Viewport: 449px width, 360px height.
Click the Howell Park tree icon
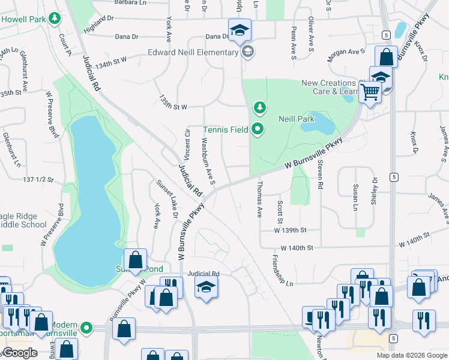(x=55, y=19)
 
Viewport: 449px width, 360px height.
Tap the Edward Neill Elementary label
(x=193, y=52)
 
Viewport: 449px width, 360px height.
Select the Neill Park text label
(x=297, y=119)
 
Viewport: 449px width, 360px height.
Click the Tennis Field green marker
(x=258, y=129)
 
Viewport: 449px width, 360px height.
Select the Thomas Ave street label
(x=260, y=199)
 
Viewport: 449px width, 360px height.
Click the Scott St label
(x=280, y=211)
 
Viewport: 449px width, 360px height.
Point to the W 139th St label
(x=290, y=230)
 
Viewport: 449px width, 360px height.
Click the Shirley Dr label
(x=374, y=191)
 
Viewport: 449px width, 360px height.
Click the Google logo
(x=20, y=353)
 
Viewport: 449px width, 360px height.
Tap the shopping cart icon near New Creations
(x=370, y=92)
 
